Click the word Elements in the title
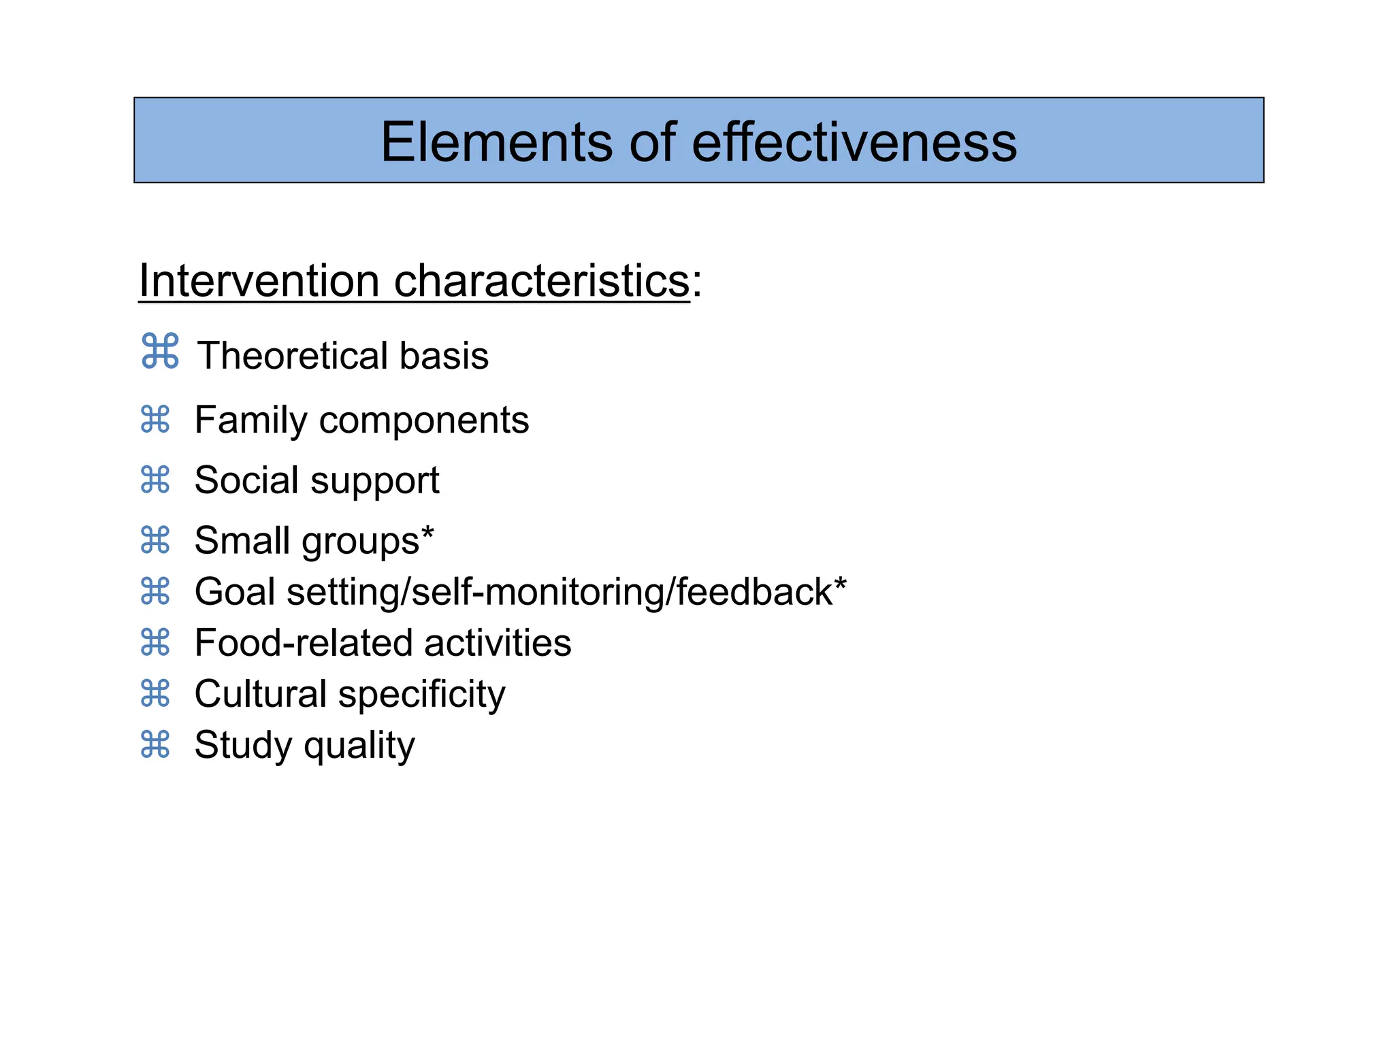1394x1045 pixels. [x=496, y=142]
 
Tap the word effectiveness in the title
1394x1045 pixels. [x=854, y=142]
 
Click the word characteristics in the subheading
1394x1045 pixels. [x=542, y=280]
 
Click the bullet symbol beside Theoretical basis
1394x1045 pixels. [x=160, y=351]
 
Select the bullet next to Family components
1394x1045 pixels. [x=155, y=419]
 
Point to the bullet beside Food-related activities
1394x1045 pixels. [x=155, y=642]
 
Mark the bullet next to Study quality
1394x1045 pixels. [x=155, y=744]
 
